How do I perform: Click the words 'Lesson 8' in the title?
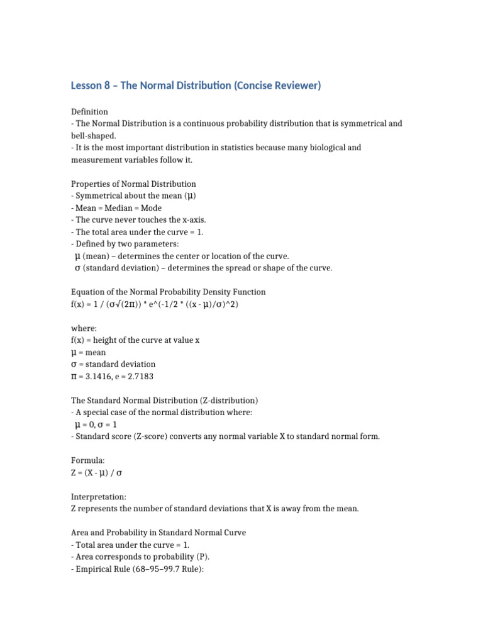91,86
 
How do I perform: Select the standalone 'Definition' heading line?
89,112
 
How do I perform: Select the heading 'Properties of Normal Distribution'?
133,184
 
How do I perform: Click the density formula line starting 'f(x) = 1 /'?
155,304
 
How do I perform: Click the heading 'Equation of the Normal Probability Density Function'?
168,292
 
